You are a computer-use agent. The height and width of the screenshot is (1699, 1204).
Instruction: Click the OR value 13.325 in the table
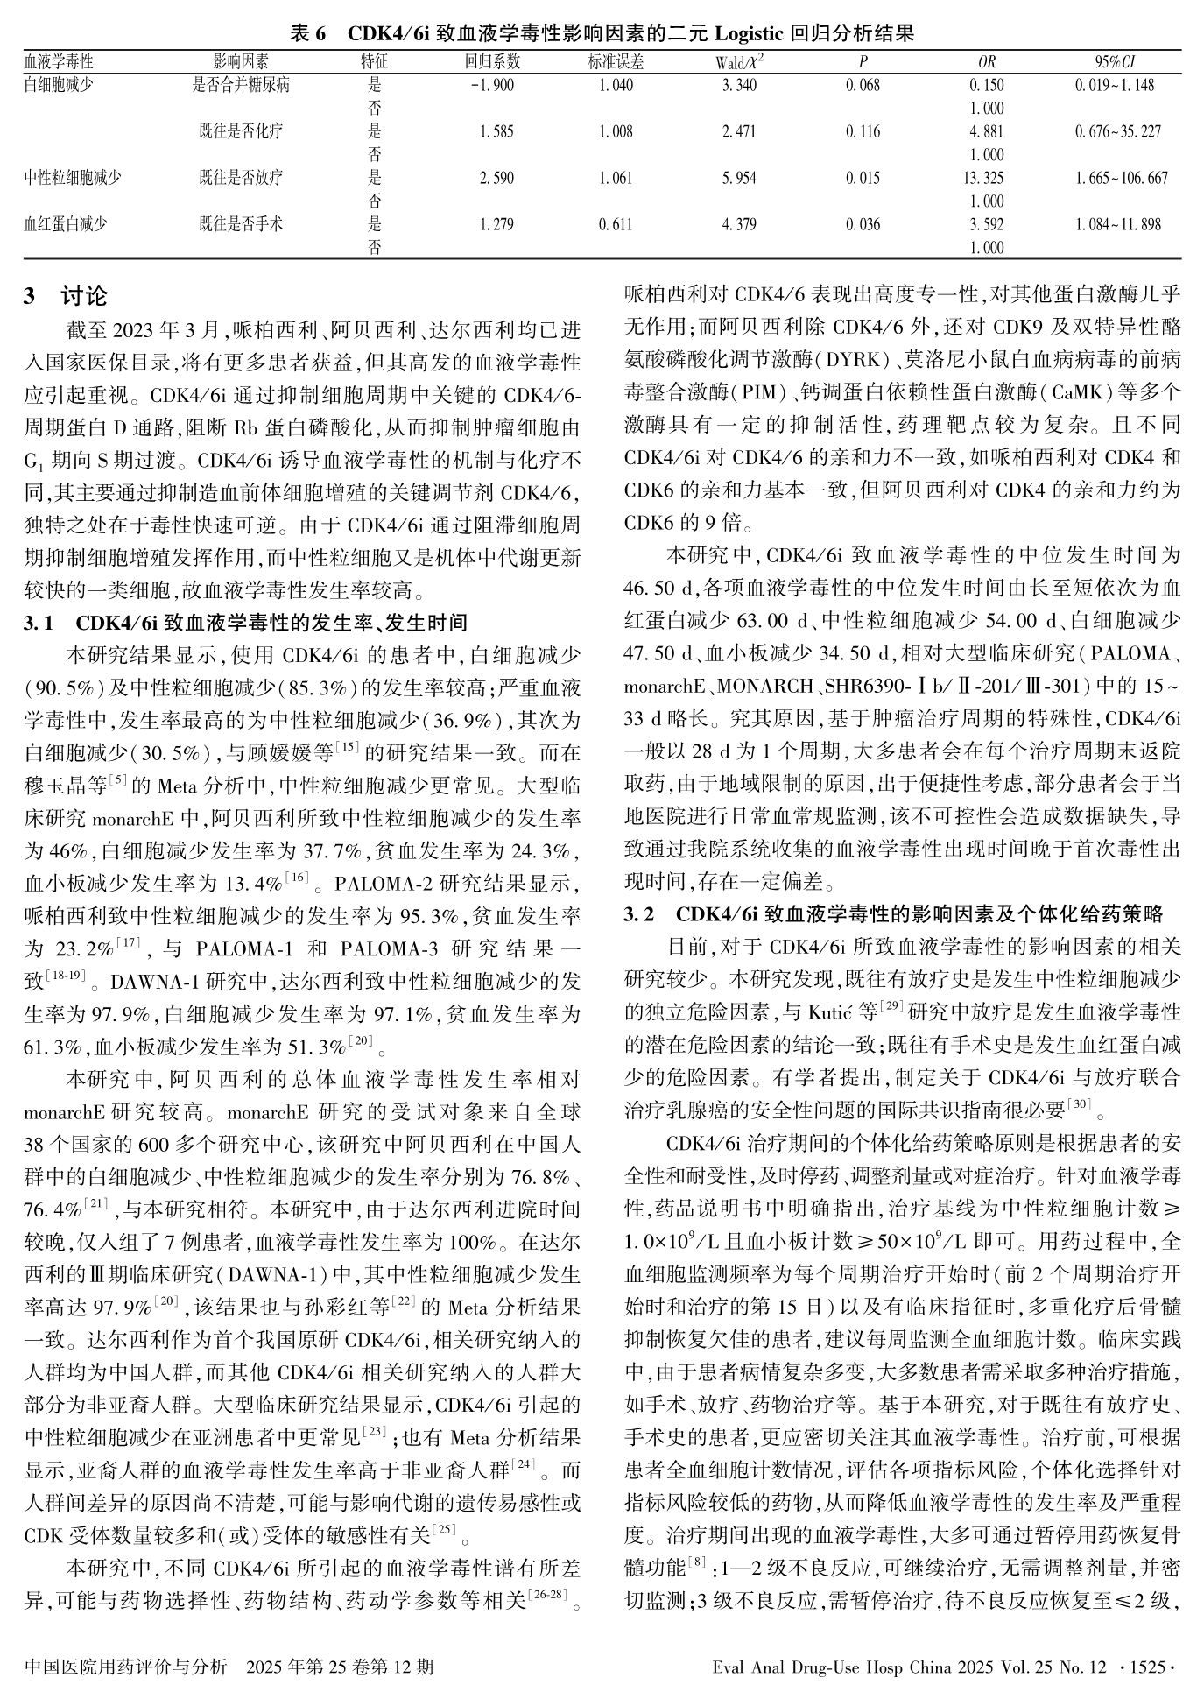pos(986,178)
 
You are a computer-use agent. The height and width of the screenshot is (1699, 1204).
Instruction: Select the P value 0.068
pos(863,85)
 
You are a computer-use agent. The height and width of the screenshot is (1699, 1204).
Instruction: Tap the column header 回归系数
pos(492,61)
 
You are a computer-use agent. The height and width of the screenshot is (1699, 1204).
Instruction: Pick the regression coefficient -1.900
pos(492,85)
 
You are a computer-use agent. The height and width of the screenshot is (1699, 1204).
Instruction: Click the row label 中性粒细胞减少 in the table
pos(73,178)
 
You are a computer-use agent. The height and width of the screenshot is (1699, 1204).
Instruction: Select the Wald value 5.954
pos(739,178)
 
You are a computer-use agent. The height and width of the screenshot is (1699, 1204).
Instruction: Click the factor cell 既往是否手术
pos(241,224)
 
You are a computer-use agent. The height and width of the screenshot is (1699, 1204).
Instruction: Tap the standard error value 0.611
pos(616,224)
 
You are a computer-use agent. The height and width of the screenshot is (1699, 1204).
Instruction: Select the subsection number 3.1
pos(40,624)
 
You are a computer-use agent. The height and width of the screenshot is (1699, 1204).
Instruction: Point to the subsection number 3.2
pos(639,914)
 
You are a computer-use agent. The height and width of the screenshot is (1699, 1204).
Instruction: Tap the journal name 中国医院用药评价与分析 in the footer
pos(127,1667)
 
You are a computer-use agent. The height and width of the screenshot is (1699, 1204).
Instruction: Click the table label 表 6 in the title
pos(307,34)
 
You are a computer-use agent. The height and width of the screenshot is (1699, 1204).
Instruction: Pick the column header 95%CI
pos(1115,61)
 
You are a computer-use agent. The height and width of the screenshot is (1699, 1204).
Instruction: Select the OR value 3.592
pos(986,224)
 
